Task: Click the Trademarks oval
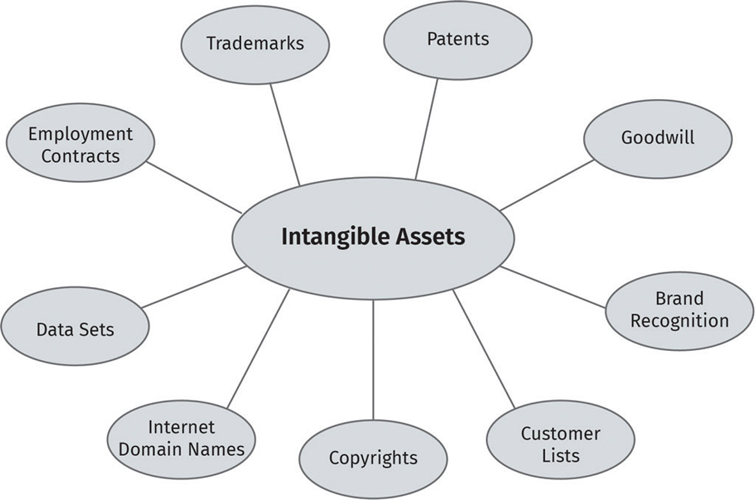pos(255,45)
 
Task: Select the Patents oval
pos(457,40)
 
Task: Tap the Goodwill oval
pos(657,138)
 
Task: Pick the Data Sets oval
pos(75,327)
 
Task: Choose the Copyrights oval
pos(373,458)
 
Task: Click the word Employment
pos(81,134)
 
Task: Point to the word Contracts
pos(81,155)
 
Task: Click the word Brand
pos(679,299)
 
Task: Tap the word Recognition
pos(679,320)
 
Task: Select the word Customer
pos(560,434)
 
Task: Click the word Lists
pos(560,455)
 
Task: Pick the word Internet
pos(182,426)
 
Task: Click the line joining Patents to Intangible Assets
pos(427,128)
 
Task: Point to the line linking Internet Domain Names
pos(258,348)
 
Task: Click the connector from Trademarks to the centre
pos(284,134)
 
